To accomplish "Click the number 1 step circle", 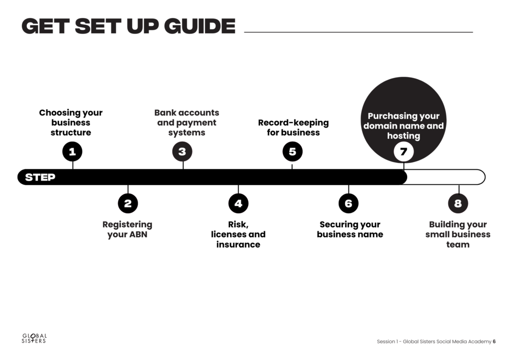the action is tap(73, 151).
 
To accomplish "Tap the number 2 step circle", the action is tap(128, 203).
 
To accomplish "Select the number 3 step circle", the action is tap(182, 151).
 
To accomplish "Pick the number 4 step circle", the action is tap(238, 203).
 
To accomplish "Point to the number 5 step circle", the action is tap(292, 151).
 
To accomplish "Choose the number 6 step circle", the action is tap(348, 203).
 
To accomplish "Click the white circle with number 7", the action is tap(404, 151).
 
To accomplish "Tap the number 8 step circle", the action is tap(458, 203).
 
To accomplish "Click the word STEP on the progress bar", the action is tap(40, 177).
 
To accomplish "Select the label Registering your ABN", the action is tap(127, 230).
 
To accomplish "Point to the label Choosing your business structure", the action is tap(71, 122).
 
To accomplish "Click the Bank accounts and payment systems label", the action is tap(187, 122).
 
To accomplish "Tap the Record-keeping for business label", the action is tap(293, 128).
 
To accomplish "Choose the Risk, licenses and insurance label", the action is tap(238, 234).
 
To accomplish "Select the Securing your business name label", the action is tap(350, 230).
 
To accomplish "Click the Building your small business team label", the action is tap(458, 234).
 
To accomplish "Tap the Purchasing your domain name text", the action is tap(404, 121).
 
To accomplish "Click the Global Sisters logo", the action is tap(34, 338).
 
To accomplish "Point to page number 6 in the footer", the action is tap(494, 342).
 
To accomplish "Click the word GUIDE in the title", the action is tap(200, 26).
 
